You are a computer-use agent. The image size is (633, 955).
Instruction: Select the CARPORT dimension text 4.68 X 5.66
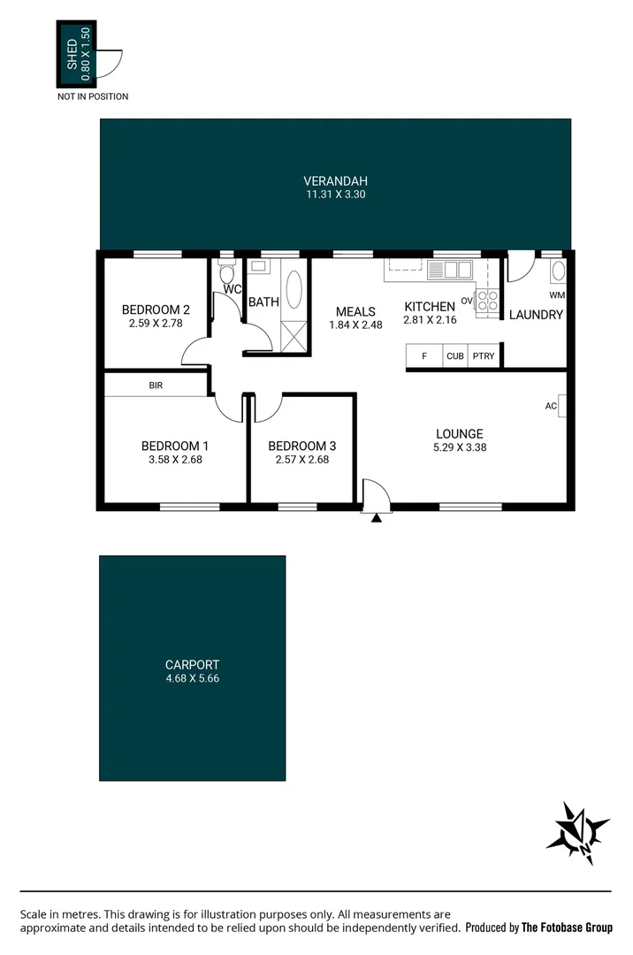[x=192, y=679]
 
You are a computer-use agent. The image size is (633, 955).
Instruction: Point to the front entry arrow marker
[x=377, y=517]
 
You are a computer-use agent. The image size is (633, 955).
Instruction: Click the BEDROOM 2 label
[x=156, y=309]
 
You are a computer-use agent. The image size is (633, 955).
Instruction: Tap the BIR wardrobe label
[x=156, y=386]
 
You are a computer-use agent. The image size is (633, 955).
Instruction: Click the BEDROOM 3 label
[x=301, y=447]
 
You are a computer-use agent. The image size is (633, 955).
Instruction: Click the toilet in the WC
[x=225, y=273]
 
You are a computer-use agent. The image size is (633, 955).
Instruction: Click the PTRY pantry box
[x=483, y=356]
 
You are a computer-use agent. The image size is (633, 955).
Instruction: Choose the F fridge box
[x=424, y=356]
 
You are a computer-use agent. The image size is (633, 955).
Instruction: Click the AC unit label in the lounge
[x=551, y=406]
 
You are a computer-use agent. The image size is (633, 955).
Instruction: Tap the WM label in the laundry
[x=556, y=294]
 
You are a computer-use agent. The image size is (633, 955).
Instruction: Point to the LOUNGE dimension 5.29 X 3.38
[x=459, y=447]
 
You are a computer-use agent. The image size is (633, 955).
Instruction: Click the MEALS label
[x=355, y=311]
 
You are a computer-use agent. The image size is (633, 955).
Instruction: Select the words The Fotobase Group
[x=567, y=928]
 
